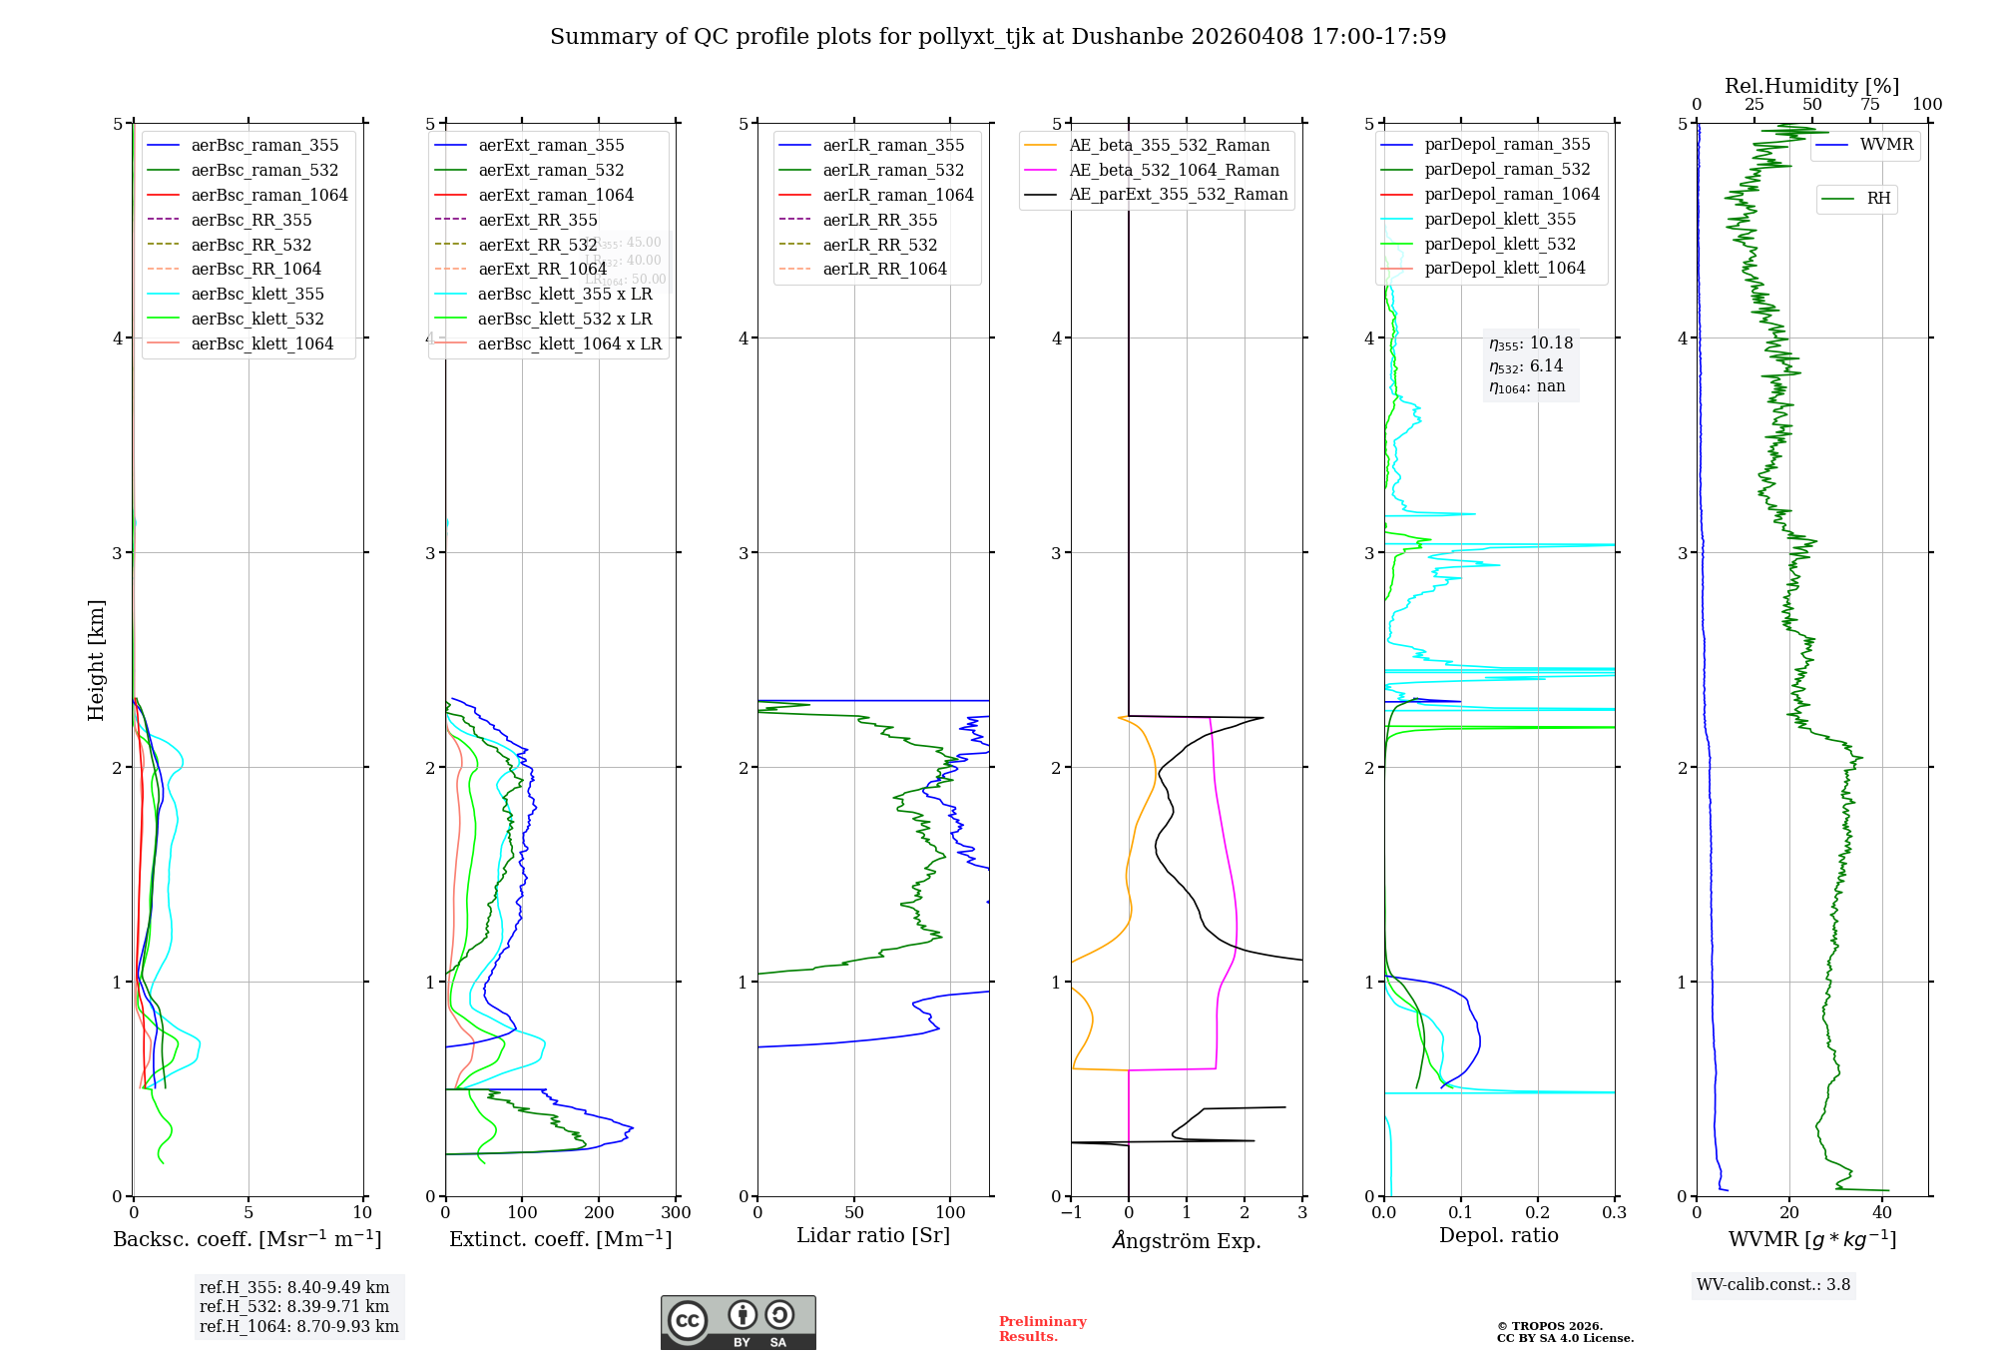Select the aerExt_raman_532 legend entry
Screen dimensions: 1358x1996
[x=551, y=170]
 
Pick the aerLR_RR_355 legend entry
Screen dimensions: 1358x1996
[x=879, y=220]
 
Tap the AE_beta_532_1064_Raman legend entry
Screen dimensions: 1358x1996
[x=1174, y=170]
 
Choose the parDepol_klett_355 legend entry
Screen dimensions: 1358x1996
[x=1500, y=219]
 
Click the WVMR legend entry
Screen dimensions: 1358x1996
[x=1886, y=145]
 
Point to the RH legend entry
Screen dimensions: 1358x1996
[x=1878, y=199]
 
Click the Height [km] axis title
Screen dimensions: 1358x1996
[x=96, y=660]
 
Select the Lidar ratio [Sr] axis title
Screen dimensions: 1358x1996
[x=873, y=1235]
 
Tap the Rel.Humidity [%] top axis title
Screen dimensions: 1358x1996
[x=1811, y=86]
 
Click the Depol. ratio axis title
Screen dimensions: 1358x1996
[x=1498, y=1235]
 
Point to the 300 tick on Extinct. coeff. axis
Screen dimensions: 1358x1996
[x=676, y=1213]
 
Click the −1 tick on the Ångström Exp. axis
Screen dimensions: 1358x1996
[x=1071, y=1213]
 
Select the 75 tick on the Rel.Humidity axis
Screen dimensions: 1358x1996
[x=1869, y=105]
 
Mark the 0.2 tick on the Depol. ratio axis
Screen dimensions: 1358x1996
[x=1538, y=1213]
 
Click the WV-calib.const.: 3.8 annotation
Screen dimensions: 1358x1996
[x=1773, y=1285]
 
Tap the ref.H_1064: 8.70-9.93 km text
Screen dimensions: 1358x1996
[x=299, y=1326]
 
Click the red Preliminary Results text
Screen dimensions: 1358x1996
[x=1042, y=1329]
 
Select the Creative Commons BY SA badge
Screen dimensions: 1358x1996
[x=738, y=1323]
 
